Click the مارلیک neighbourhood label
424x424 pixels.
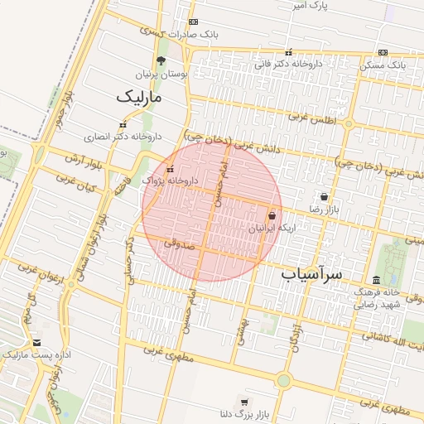tap(141, 97)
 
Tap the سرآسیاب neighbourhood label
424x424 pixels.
tap(311, 272)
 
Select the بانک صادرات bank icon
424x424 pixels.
tap(193, 22)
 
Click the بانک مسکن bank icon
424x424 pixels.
tap(383, 52)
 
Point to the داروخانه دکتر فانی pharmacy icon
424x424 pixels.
tap(288, 52)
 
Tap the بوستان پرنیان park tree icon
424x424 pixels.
tap(161, 60)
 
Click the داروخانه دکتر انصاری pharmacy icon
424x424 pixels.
tap(123, 125)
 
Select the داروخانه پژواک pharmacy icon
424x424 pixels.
tap(170, 169)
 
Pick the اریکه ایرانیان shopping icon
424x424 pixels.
tap(272, 215)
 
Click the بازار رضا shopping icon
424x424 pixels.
tap(323, 197)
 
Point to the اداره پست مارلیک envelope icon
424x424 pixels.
tap(36, 343)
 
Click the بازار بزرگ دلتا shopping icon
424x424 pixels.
tap(244, 401)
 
